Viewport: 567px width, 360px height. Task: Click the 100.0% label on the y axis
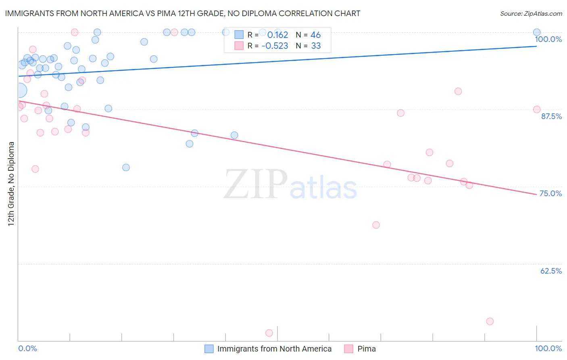pyautogui.click(x=548, y=39)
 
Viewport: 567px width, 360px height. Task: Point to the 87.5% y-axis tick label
pyautogui.click(x=551, y=116)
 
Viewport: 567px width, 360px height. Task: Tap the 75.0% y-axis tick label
pyautogui.click(x=550, y=193)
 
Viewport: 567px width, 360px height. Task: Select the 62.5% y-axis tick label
pyautogui.click(x=551, y=271)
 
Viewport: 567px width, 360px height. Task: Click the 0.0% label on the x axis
pyautogui.click(x=27, y=348)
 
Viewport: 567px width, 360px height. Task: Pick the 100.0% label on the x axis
pyautogui.click(x=548, y=348)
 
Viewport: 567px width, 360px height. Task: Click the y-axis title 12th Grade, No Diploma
pyautogui.click(x=11, y=184)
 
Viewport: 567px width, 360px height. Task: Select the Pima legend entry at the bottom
pyautogui.click(x=366, y=349)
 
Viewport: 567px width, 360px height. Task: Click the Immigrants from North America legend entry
pyautogui.click(x=274, y=349)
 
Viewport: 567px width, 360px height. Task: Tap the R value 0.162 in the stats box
pyautogui.click(x=277, y=35)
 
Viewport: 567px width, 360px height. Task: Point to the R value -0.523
pyautogui.click(x=275, y=46)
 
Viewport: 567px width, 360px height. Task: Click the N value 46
pyautogui.click(x=315, y=35)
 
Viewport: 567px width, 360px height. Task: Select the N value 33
pyautogui.click(x=316, y=46)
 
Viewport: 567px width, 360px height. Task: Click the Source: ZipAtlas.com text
pyautogui.click(x=531, y=14)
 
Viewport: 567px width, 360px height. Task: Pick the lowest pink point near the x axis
pyautogui.click(x=269, y=333)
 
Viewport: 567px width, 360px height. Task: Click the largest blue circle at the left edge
pyautogui.click(x=20, y=91)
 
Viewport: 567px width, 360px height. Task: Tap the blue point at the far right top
pyautogui.click(x=537, y=32)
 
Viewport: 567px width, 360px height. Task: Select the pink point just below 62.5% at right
pyautogui.click(x=490, y=321)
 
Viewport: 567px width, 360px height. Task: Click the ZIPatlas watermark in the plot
pyautogui.click(x=290, y=185)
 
